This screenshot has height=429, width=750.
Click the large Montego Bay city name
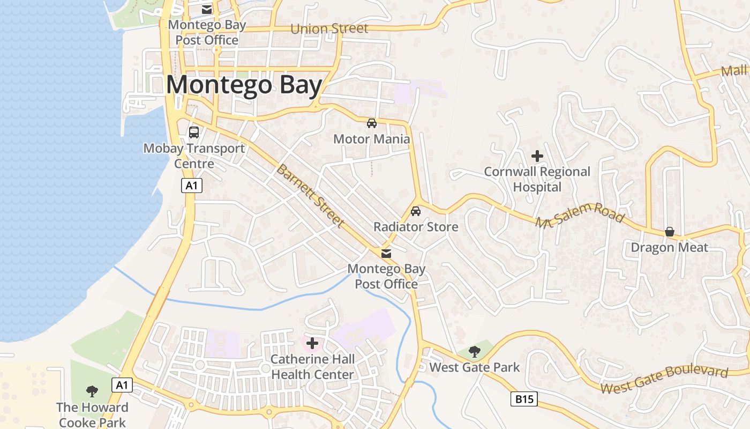[244, 86]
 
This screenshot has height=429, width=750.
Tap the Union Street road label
[329, 28]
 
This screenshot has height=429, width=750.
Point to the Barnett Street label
[310, 196]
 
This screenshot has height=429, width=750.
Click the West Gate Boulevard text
[664, 379]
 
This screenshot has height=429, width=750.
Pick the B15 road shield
[523, 399]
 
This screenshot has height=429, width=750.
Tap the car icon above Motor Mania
[371, 123]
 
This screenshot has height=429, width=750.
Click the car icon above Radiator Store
[416, 211]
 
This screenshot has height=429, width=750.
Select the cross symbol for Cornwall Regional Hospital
[537, 156]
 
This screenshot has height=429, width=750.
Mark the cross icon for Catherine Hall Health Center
[312, 343]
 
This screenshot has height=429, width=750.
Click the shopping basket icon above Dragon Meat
[669, 232]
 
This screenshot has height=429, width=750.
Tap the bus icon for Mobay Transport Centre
[194, 132]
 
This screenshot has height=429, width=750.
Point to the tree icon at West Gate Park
[474, 352]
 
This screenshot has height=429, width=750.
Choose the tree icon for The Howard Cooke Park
[92, 391]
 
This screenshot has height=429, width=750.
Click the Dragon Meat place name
[669, 248]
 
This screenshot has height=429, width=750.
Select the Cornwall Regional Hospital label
[537, 179]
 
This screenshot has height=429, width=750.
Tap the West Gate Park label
[475, 367]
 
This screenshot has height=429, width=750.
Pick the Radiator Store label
[416, 227]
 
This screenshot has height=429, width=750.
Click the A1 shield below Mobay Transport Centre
[192, 186]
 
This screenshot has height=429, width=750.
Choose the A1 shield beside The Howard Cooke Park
[122, 384]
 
